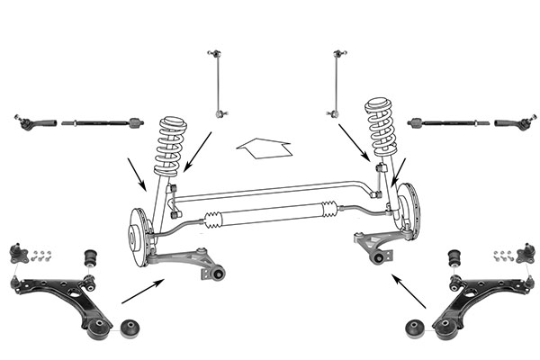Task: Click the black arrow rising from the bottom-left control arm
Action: tap(142, 291)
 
